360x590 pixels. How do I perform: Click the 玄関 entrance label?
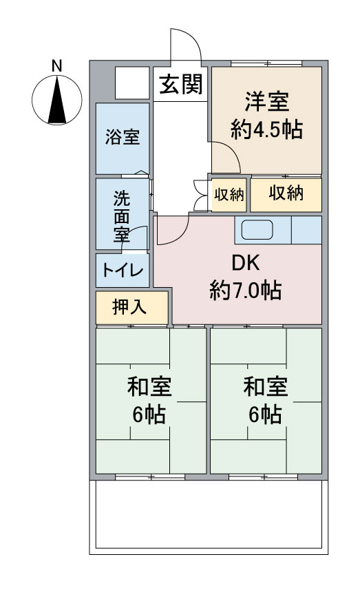pos(181,84)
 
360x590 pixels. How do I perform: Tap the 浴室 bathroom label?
pos(123,136)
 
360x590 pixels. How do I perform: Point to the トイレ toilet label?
pos(123,270)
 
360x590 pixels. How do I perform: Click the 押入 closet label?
pos(129,307)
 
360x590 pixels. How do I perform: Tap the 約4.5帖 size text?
pos(266,129)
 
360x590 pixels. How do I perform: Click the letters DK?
pos(246,263)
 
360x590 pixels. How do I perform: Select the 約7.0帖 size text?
pos(246,290)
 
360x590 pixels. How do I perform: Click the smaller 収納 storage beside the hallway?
pos(229,195)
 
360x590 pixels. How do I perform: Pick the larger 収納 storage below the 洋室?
pos(286,193)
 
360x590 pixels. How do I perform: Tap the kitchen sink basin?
pos(257,229)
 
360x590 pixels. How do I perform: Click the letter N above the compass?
pos(57,66)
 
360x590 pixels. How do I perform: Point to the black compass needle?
pos(57,100)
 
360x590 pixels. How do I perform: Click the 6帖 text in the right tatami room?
pos(265,414)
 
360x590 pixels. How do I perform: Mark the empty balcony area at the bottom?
pos(209,514)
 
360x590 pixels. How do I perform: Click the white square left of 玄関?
pos(132,83)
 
